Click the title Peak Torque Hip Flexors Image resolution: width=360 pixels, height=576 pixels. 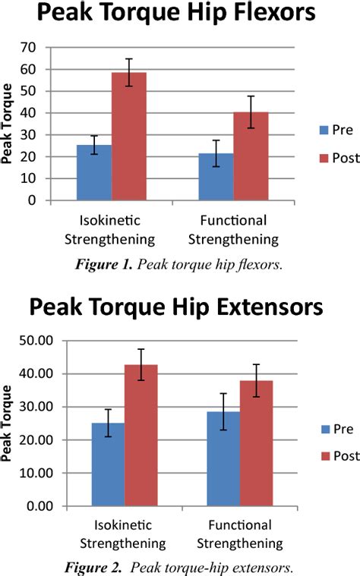pyautogui.click(x=180, y=17)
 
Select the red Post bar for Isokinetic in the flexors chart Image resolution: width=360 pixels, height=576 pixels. pyautogui.click(x=128, y=137)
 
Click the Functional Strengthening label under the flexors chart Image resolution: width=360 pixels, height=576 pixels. pyautogui.click(x=234, y=230)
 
